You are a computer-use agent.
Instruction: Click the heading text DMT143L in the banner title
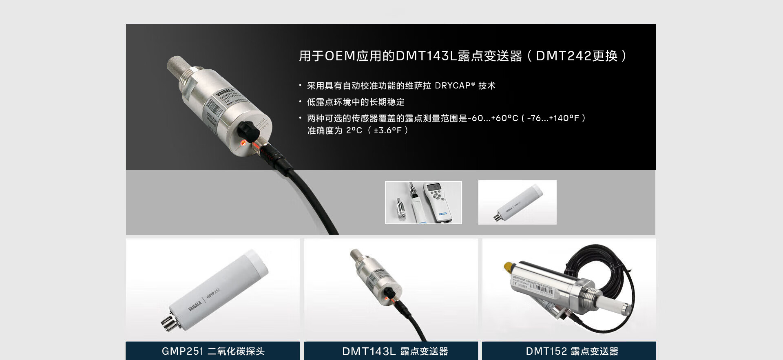click(426, 56)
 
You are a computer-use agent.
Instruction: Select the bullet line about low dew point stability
click(355, 102)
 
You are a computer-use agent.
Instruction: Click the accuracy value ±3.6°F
click(388, 130)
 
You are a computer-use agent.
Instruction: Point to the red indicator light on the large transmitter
click(243, 142)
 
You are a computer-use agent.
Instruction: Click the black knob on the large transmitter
click(248, 130)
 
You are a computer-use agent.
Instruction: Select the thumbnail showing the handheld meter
click(423, 202)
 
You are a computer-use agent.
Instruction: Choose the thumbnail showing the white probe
click(517, 202)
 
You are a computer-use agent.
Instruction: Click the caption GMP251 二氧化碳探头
click(213, 351)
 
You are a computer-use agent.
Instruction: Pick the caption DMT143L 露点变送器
click(395, 351)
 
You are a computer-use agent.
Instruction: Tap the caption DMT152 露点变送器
click(572, 351)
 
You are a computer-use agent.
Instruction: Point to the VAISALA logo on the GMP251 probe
click(195, 305)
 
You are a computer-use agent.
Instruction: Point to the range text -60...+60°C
click(493, 118)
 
